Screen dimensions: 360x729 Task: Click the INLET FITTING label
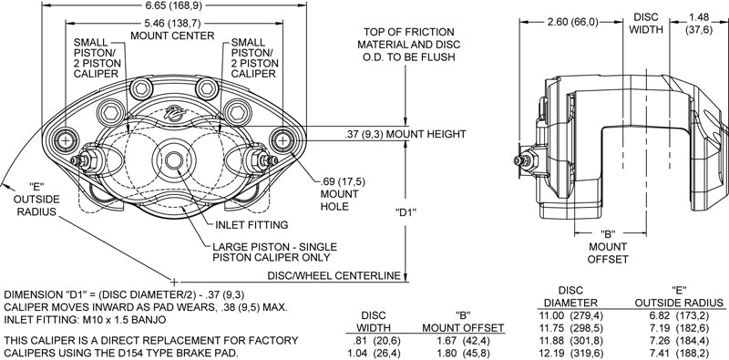(x=252, y=224)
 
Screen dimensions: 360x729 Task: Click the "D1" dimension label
(x=406, y=213)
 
